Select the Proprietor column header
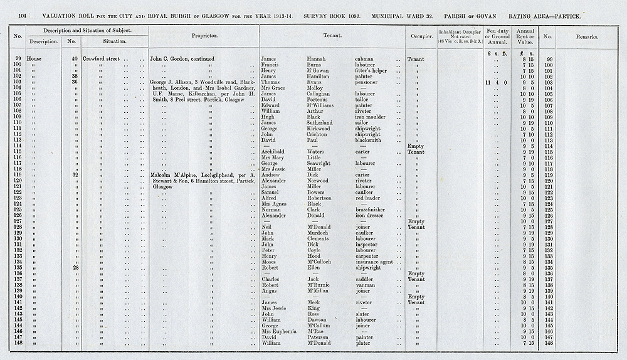(x=204, y=36)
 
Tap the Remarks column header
(x=586, y=37)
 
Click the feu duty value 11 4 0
(x=495, y=82)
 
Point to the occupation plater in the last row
(x=364, y=343)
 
